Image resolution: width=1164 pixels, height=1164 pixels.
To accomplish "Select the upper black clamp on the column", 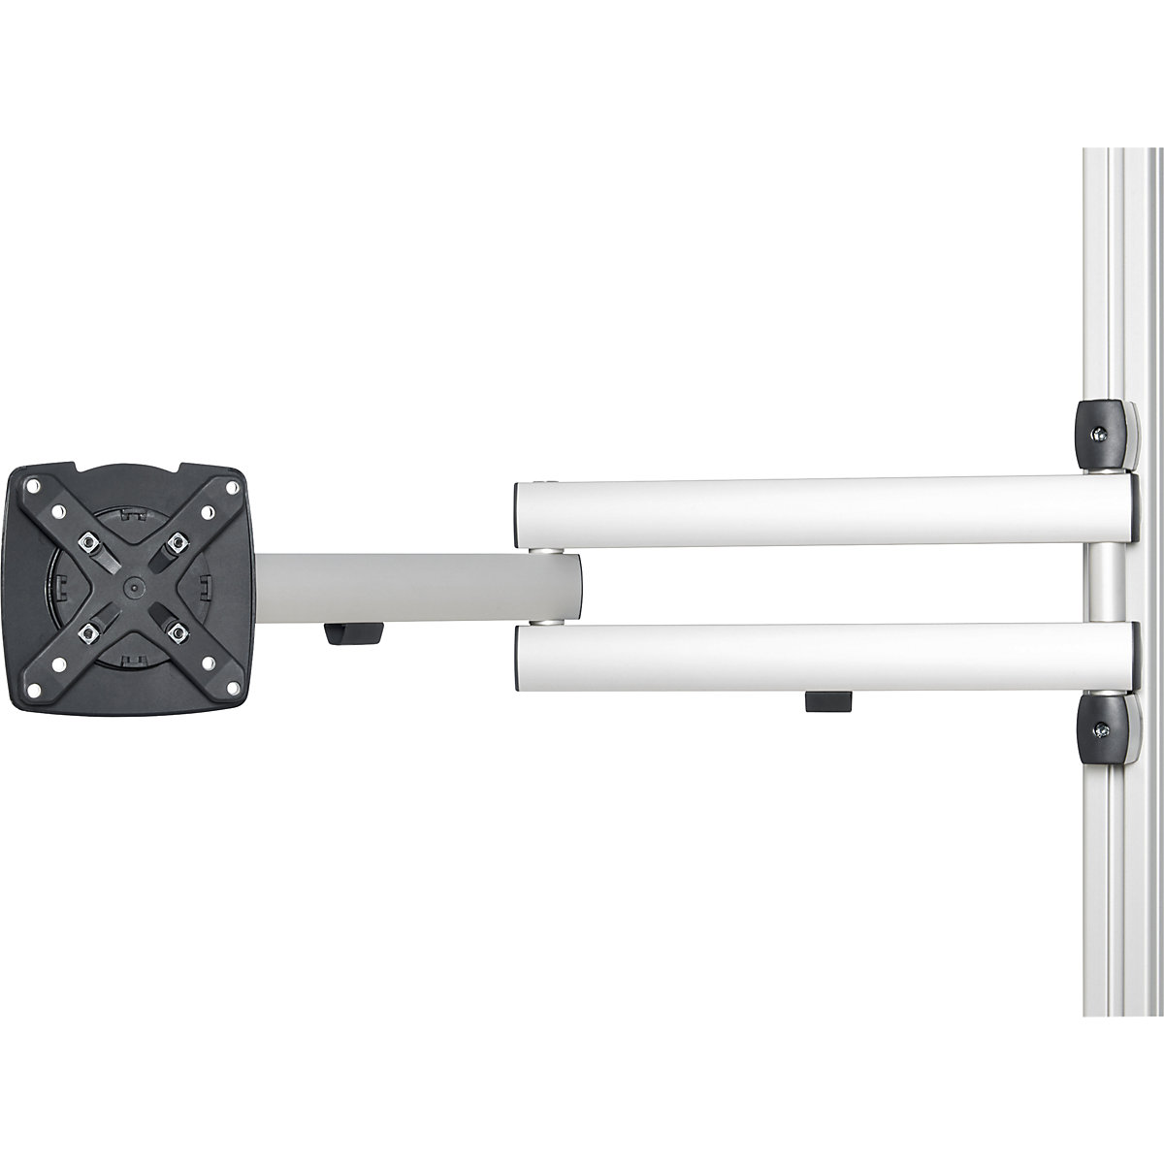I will (x=1106, y=433).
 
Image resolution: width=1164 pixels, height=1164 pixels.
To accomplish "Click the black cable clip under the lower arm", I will (x=827, y=700).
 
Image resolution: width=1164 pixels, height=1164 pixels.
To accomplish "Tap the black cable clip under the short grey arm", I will (x=353, y=635).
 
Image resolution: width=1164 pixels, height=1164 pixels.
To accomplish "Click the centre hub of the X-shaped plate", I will (x=131, y=585).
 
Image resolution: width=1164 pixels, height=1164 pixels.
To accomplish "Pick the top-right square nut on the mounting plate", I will (x=176, y=540).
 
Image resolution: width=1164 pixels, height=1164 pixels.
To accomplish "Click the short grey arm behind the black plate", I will (x=407, y=585).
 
